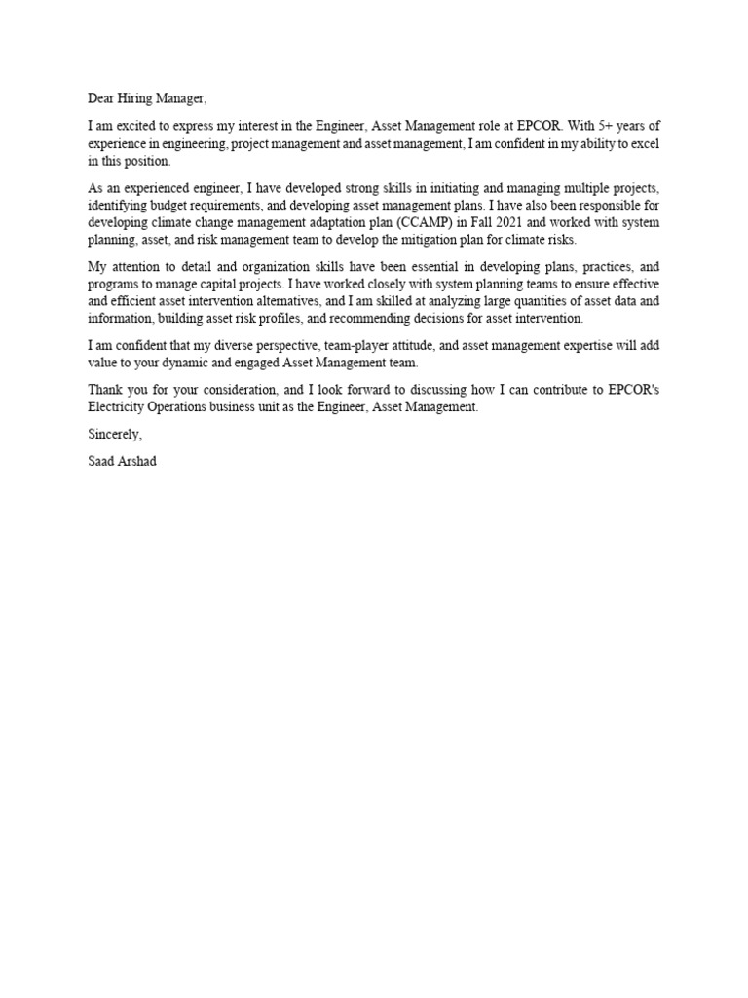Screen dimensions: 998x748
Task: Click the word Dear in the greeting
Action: [102, 98]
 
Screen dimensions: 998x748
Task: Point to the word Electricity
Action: [116, 407]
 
